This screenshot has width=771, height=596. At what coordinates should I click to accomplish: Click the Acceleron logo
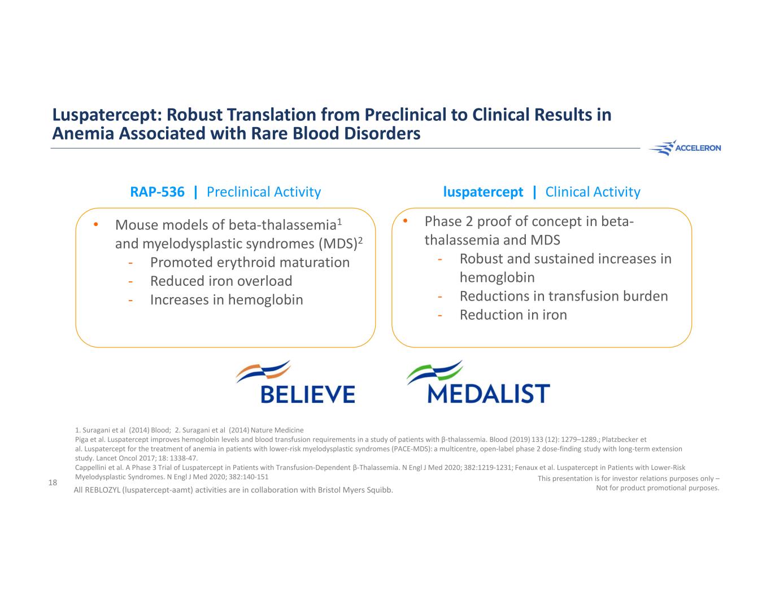[685, 148]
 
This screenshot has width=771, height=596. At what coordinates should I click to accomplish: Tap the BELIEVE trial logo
[295, 382]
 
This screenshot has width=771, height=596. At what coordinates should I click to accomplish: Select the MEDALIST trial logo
[478, 382]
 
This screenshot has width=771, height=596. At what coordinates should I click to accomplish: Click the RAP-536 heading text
[157, 192]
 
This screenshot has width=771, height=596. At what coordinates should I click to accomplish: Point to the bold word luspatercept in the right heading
[483, 192]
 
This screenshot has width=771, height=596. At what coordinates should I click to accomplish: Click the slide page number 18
[53, 482]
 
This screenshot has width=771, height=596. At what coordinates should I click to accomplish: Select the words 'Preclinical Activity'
[264, 192]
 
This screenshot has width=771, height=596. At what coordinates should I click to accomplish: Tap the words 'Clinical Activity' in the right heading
[593, 192]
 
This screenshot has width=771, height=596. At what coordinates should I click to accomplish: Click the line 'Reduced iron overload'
[221, 281]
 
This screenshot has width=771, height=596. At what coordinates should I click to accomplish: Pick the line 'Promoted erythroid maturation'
[250, 263]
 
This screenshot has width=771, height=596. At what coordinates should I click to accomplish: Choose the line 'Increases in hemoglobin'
[226, 300]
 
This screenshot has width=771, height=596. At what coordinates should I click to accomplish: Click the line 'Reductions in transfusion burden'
[564, 297]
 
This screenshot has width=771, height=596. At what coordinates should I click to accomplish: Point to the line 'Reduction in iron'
[513, 315]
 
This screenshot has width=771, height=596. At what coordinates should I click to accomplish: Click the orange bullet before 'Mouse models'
[96, 225]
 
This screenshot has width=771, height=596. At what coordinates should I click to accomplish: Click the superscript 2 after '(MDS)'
[360, 239]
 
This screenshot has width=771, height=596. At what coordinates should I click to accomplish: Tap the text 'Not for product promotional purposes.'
[657, 488]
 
